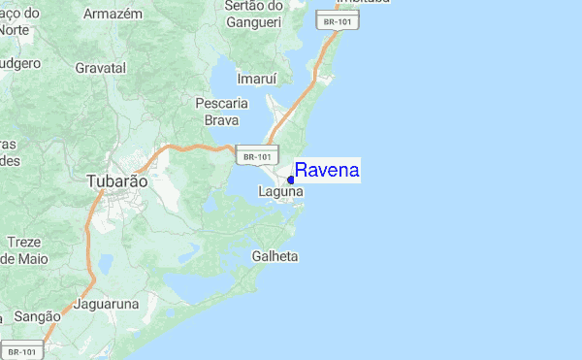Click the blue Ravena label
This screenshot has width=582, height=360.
(x=327, y=171)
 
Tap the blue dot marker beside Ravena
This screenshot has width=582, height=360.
(x=291, y=180)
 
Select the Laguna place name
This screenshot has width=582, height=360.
(x=280, y=192)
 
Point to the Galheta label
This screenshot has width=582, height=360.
(x=275, y=257)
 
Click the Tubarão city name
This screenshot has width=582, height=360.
(x=117, y=181)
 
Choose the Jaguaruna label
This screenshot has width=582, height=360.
(x=107, y=304)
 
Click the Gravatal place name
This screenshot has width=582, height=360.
(x=101, y=69)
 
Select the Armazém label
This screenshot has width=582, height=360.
(x=113, y=15)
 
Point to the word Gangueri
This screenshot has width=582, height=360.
(x=253, y=21)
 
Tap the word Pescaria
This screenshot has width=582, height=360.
(x=222, y=103)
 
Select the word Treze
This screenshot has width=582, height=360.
(x=23, y=242)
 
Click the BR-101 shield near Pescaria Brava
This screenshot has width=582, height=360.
(x=257, y=155)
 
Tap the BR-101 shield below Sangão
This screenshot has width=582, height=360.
(x=21, y=351)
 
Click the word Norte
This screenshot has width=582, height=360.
(x=14, y=29)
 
